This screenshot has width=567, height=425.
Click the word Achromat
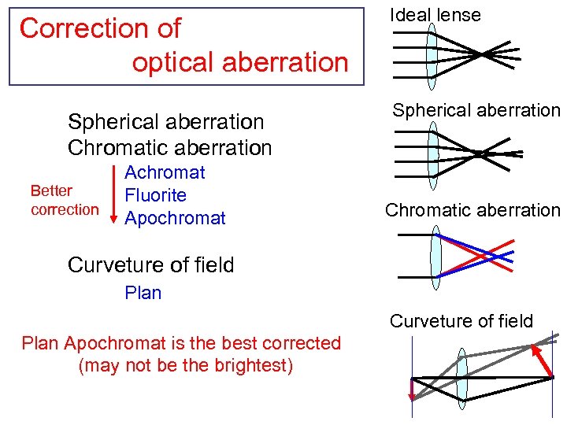click(x=165, y=172)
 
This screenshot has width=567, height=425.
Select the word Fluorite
click(x=155, y=195)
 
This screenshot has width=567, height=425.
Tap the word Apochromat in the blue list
click(x=175, y=218)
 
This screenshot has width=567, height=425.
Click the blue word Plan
click(x=143, y=293)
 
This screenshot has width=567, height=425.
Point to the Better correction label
click(x=65, y=200)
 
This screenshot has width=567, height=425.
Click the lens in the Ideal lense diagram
click(x=432, y=56)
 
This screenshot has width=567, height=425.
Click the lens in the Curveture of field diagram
click(x=461, y=378)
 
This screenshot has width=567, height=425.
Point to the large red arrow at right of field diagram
click(x=541, y=360)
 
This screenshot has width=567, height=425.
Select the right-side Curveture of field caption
click(x=461, y=321)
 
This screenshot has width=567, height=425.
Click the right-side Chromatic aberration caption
click(x=472, y=210)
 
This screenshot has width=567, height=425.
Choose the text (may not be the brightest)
click(x=186, y=366)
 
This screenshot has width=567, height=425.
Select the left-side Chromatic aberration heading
click(x=169, y=147)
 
